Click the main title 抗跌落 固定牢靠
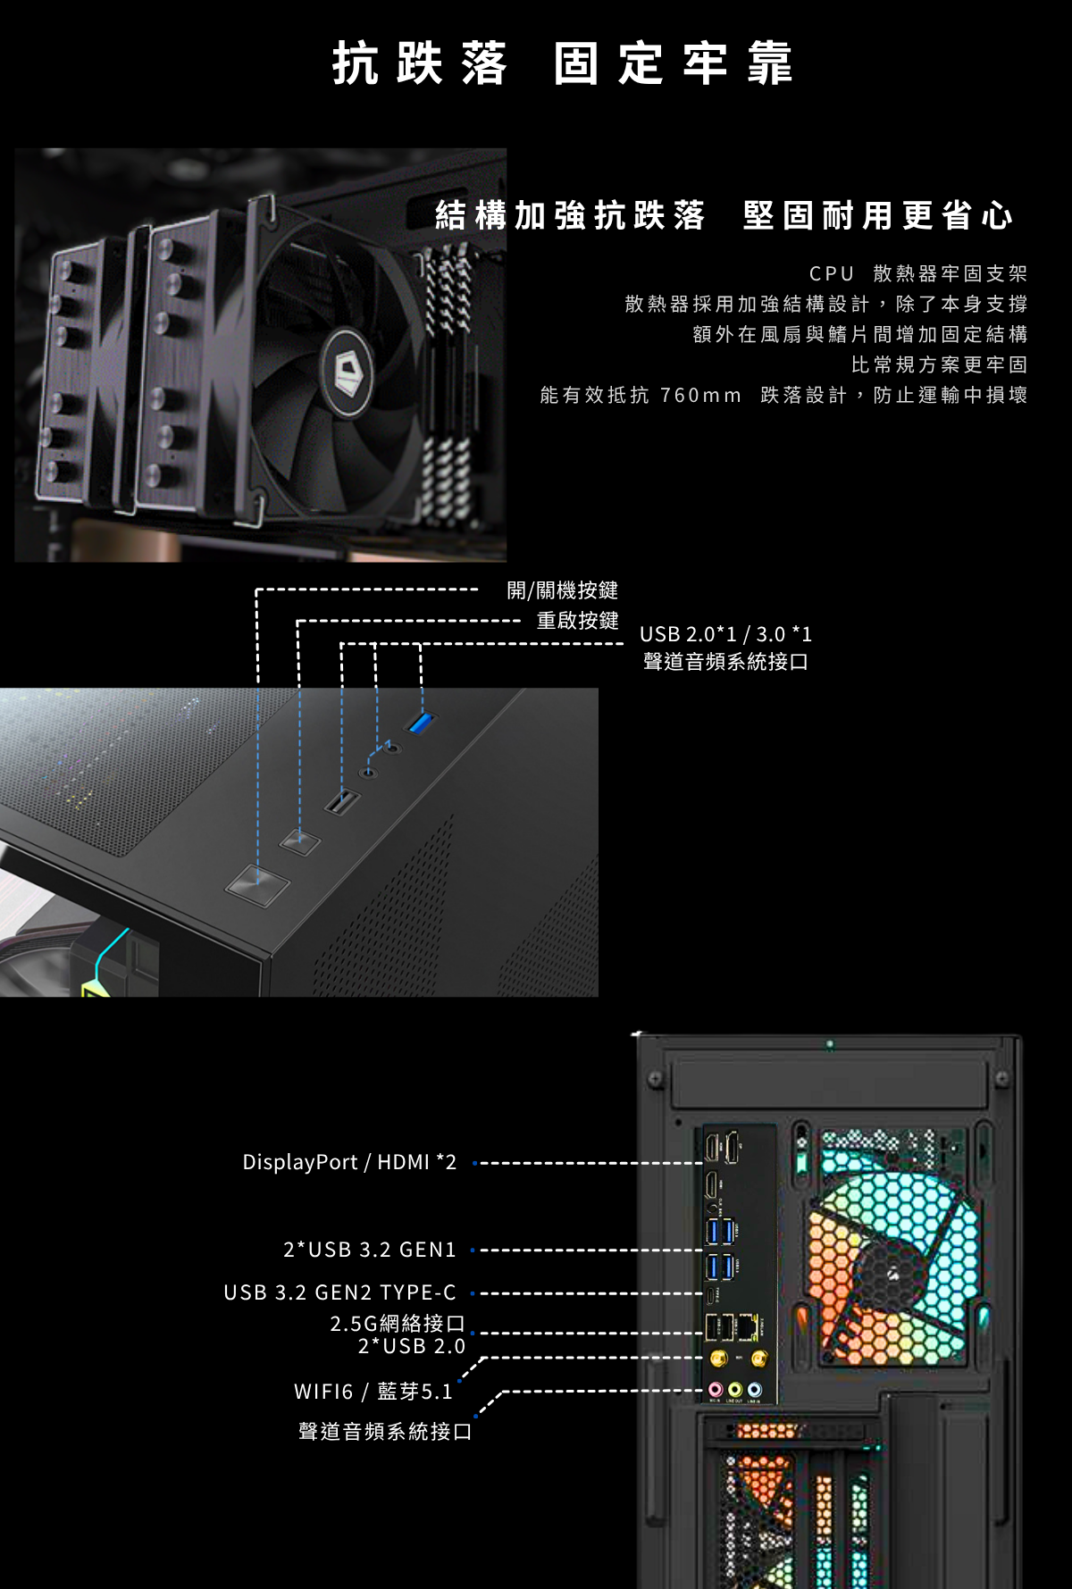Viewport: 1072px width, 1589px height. tap(562, 63)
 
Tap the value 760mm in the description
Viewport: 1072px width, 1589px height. tap(701, 395)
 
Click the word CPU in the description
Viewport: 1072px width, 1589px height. tap(832, 273)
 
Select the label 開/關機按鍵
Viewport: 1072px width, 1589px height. tap(563, 590)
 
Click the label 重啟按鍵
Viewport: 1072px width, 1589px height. tap(577, 621)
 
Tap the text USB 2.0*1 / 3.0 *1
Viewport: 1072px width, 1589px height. tap(726, 634)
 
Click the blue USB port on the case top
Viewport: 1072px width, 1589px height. tap(421, 722)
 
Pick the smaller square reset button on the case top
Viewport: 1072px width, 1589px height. tap(299, 841)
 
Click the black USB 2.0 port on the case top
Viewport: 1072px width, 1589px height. tap(341, 802)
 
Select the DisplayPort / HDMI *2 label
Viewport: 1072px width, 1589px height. tap(349, 1162)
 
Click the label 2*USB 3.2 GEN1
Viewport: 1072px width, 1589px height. tap(370, 1250)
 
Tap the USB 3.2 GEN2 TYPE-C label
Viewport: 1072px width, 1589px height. tap(340, 1292)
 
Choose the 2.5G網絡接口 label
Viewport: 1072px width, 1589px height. tap(398, 1323)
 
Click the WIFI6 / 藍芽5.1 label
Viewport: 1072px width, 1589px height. tap(373, 1392)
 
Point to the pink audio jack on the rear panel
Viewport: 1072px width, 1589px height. tap(716, 1390)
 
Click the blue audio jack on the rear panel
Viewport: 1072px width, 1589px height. tap(755, 1390)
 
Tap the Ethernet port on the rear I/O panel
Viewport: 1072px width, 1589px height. tap(747, 1327)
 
